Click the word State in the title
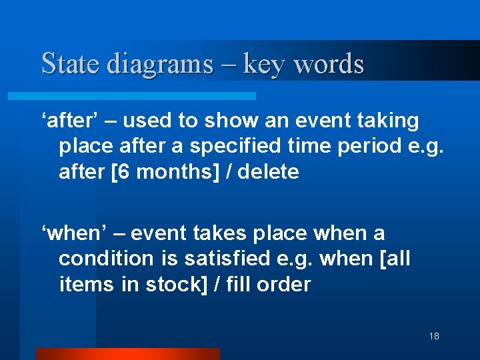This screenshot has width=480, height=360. [x=71, y=64]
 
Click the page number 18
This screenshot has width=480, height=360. [x=434, y=336]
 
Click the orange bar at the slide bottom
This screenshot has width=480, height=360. [x=127, y=354]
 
